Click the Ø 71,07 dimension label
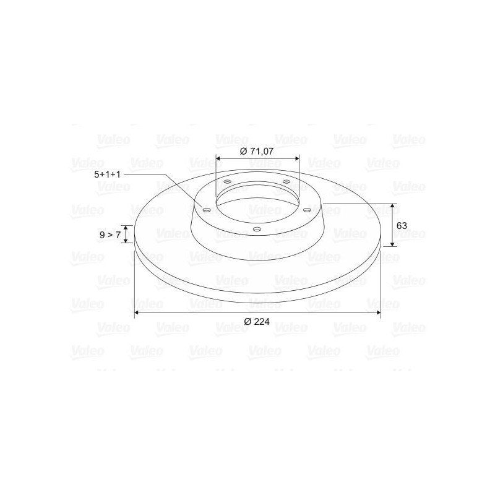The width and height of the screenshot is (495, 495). tap(257, 151)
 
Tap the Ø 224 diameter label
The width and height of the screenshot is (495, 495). tap(257, 321)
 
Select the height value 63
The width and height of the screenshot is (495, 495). tap(402, 226)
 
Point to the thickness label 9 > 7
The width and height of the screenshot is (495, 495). tap(110, 235)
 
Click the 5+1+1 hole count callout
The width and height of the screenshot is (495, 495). tap(107, 174)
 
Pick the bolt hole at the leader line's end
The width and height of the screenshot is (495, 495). tap(207, 210)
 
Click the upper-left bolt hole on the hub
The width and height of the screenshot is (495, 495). tap(227, 181)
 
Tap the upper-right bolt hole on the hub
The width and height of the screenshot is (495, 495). tap(286, 181)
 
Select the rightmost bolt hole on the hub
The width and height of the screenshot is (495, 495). tap(307, 210)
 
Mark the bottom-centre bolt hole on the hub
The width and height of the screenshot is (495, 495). tap(257, 228)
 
